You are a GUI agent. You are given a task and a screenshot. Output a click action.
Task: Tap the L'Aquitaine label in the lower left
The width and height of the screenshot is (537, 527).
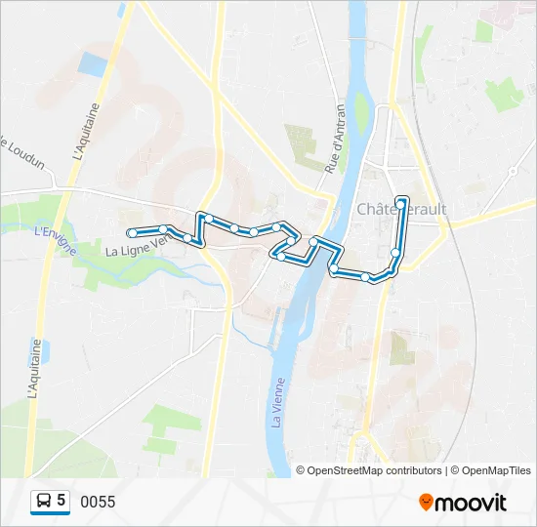click(38, 368)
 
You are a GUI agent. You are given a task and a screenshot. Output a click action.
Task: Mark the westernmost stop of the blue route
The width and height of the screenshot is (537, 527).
click(131, 233)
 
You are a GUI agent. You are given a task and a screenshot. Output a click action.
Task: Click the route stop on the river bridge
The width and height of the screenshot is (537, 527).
click(313, 241)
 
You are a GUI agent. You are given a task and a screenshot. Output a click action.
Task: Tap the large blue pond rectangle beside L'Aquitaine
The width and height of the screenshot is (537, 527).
click(93, 65)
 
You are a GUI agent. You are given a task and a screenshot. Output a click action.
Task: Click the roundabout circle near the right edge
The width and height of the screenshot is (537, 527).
click(513, 171)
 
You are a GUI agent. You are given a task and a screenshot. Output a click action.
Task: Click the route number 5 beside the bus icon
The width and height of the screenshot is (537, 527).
click(62, 501)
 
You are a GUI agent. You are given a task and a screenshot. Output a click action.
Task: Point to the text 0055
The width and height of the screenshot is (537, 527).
click(98, 502)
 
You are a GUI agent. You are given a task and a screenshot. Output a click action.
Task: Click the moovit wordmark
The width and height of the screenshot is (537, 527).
click(472, 503)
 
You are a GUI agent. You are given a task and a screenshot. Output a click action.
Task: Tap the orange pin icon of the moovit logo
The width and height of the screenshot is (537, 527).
click(427, 503)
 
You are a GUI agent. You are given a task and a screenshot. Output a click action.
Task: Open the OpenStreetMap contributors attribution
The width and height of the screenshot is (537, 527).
click(374, 470)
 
